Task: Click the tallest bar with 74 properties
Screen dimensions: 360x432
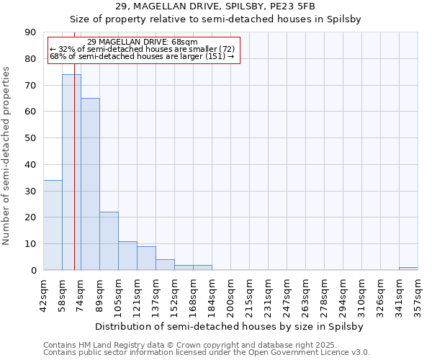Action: point(71,172)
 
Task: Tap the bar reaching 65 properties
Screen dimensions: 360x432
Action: point(90,184)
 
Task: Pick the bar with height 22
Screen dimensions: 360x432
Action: point(109,240)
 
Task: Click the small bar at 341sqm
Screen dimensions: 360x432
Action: point(408,269)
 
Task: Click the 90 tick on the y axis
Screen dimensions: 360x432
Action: point(30,32)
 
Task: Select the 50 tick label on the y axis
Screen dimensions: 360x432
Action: point(30,138)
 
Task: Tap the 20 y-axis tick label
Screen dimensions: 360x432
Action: point(30,217)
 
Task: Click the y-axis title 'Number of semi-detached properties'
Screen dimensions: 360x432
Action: point(7,156)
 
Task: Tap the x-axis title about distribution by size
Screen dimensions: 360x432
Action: point(230,326)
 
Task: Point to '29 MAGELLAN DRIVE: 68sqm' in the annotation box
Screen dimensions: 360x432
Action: point(142,42)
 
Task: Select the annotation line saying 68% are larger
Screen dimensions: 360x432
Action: point(142,56)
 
